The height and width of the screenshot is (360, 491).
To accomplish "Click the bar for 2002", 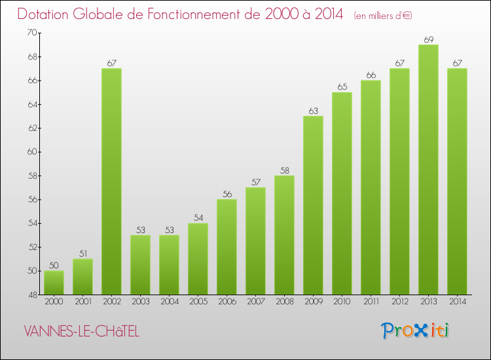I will [x=111, y=181].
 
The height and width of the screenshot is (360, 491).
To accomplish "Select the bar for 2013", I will [x=428, y=170].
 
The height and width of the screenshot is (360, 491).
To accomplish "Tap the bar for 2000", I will [x=54, y=282].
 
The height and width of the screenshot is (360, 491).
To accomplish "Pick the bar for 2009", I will [x=313, y=205].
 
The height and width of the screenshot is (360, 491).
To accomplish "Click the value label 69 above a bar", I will [x=428, y=39].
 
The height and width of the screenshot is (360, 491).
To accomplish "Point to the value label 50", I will [x=54, y=266].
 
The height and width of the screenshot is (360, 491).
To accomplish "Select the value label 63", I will [x=313, y=111].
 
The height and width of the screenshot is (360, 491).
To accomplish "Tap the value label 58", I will [x=284, y=170].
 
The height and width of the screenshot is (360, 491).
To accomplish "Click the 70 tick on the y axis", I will [x=31, y=33].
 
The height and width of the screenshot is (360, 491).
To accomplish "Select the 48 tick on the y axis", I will [x=31, y=295].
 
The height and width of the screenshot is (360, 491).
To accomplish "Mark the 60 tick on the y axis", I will [x=31, y=152].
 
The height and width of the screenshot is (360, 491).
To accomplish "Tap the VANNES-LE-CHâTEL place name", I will [x=81, y=332].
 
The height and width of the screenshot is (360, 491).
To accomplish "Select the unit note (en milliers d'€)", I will [x=383, y=16].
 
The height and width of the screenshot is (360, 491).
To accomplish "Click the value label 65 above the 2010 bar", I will [x=342, y=87].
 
